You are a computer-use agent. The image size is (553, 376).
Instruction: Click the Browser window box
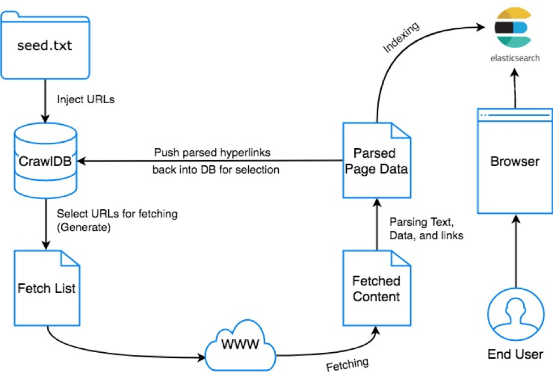click(514, 162)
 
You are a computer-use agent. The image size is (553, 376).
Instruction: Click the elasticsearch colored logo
click(513, 29)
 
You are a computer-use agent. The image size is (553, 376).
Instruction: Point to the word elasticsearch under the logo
click(514, 58)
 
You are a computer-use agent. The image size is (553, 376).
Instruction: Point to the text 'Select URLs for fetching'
click(117, 214)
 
